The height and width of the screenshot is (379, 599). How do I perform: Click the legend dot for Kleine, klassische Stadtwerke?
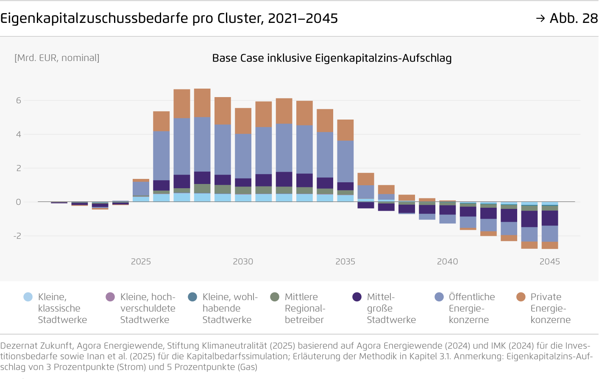coord(28,297)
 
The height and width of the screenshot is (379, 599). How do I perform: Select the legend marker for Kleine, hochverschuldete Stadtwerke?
coord(110,297)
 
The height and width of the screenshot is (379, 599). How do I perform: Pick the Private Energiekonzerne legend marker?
coord(521,297)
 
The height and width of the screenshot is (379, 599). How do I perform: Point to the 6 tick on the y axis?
coord(18,100)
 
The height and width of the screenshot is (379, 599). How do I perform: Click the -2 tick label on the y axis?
coord(17,236)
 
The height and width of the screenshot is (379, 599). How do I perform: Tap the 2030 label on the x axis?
coord(243,262)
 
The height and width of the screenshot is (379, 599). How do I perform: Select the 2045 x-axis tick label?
coord(549,262)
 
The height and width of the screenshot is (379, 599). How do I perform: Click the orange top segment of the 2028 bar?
coord(202,103)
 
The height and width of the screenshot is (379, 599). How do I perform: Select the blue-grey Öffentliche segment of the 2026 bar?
coord(161,156)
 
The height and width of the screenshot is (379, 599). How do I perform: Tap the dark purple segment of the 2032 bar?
coord(284,179)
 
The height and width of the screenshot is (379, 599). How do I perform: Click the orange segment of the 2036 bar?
coord(366,179)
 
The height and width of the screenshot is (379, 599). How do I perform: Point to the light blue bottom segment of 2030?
coord(243,198)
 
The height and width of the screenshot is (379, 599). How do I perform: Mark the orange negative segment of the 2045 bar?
coord(550,245)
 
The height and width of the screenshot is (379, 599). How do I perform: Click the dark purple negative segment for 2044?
coord(529,219)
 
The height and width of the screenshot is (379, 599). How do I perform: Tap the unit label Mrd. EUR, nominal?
coord(57,58)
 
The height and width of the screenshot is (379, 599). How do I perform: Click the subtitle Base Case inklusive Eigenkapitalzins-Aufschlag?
coord(332,58)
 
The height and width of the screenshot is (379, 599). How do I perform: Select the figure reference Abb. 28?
coord(573,18)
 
